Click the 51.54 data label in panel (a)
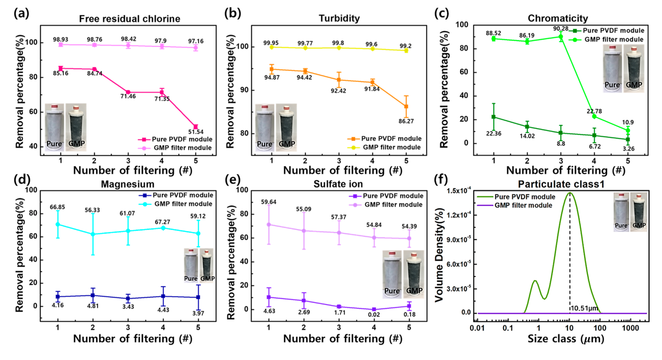196,132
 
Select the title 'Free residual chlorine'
130,19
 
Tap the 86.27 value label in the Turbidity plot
406,121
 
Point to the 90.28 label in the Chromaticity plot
561,29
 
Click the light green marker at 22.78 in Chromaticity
594,116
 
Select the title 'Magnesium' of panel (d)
128,184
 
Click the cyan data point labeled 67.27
163,228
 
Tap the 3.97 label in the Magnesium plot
198,313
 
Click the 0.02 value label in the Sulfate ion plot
374,315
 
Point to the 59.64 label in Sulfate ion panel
269,202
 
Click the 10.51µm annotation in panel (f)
584,308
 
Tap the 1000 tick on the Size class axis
630,328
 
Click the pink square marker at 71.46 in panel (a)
128,92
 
